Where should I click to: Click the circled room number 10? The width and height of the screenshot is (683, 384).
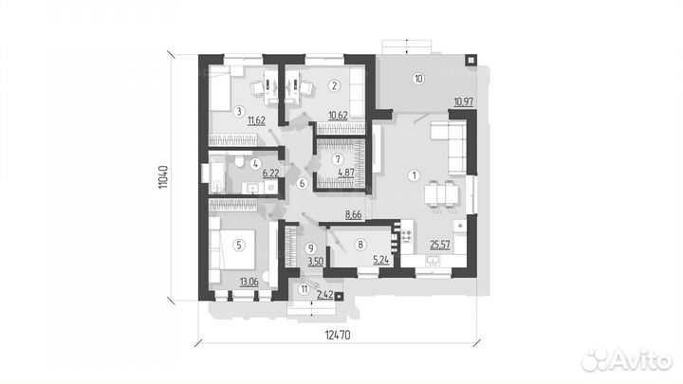point(418,79)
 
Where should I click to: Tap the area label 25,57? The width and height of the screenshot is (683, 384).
point(440,246)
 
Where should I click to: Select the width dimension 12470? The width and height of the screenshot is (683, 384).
point(338,335)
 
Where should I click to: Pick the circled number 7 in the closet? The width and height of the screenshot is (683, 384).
point(338,159)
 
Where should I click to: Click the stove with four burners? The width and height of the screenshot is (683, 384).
point(406,236)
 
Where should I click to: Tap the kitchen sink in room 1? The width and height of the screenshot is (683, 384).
point(433,261)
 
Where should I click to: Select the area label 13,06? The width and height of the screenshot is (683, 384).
point(249,283)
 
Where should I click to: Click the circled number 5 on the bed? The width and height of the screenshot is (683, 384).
point(238,246)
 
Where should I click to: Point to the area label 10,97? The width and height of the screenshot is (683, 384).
point(464,102)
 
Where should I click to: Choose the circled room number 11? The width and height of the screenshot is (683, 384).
point(305,288)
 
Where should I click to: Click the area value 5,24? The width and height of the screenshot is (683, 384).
point(381,261)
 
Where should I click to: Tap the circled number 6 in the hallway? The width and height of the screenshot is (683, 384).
point(302,183)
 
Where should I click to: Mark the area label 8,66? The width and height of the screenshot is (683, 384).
point(353,214)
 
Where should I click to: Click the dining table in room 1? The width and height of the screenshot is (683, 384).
point(441,193)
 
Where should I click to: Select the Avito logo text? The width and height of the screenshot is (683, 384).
point(628,360)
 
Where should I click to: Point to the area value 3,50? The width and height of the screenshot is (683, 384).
point(316,262)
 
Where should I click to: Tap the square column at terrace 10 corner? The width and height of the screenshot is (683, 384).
point(471,60)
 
